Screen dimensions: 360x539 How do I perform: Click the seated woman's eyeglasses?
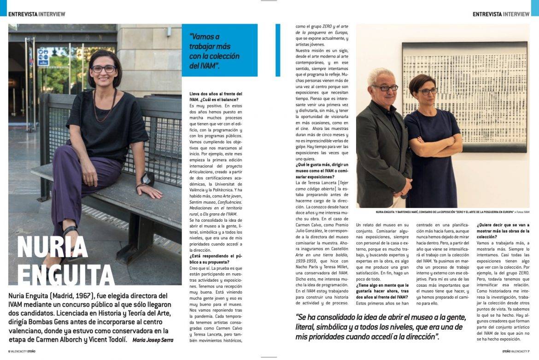[103, 69]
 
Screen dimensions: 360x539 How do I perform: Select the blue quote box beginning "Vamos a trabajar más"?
[219, 50]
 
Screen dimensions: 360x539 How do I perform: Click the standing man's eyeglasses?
[385, 88]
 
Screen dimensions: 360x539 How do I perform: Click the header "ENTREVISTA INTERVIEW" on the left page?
[37, 14]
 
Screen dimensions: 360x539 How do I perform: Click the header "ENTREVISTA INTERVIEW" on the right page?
[501, 14]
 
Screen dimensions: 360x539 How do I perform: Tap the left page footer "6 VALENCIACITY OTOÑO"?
[22, 351]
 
